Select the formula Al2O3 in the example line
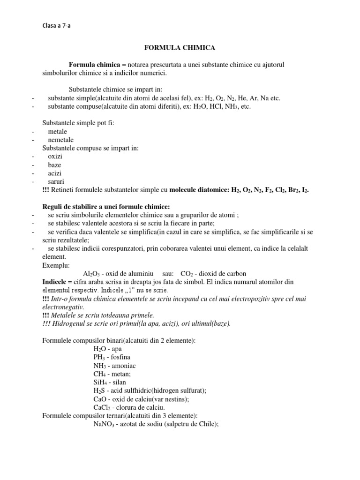[x=91, y=273]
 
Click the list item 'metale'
[x=58, y=131]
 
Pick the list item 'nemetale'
[x=61, y=140]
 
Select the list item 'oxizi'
[x=55, y=157]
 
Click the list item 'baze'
[x=55, y=165]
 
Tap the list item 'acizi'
[x=55, y=173]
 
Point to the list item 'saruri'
[x=56, y=181]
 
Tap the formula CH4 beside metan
[x=100, y=374]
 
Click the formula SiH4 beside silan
[x=101, y=382]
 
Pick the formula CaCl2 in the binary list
[x=103, y=407]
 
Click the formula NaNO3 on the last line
[x=105, y=424]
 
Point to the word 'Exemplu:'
[x=56, y=265]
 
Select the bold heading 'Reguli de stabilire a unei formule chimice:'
[x=106, y=207]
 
